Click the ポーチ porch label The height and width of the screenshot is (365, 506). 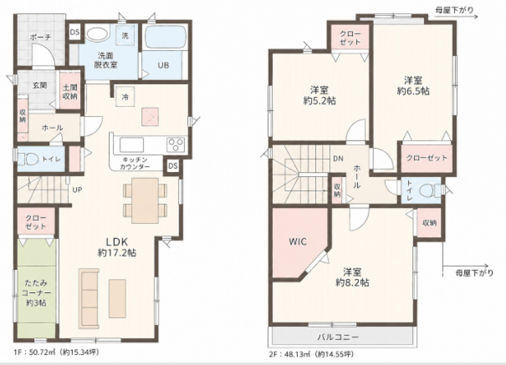41,37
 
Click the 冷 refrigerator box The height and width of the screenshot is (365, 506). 125,96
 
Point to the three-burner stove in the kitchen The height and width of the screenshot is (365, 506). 176,144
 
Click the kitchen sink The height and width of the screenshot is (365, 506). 132,145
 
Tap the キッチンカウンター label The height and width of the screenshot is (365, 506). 135,163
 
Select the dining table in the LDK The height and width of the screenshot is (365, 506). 145,200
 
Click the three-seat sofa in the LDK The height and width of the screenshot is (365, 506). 89,298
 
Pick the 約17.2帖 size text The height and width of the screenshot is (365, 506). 117,252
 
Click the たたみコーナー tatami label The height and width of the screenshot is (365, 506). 36,288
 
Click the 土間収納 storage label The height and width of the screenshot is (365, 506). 70,92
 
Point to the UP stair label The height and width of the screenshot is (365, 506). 77,190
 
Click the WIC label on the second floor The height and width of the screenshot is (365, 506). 298,242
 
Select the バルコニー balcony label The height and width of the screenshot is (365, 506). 338,337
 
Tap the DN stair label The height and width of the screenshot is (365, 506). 338,159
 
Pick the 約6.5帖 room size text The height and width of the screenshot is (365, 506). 413,91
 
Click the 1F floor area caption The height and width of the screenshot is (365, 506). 56,352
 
